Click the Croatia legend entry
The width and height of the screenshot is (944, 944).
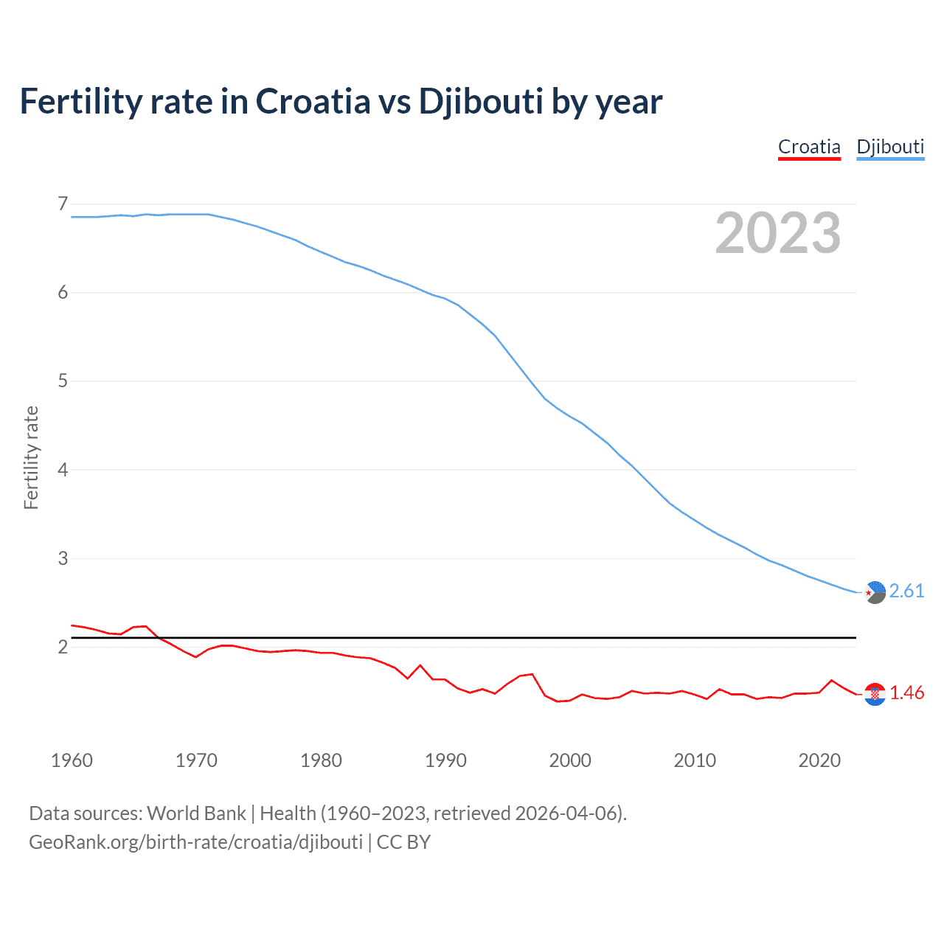tap(809, 147)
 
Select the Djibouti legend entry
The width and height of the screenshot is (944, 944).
tap(890, 147)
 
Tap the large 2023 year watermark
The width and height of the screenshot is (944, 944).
tap(778, 233)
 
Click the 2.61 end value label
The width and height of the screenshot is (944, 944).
tap(906, 591)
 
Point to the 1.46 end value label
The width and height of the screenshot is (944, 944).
tap(906, 693)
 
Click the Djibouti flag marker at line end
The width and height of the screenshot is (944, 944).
tap(875, 592)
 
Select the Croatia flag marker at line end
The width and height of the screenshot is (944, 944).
tap(875, 694)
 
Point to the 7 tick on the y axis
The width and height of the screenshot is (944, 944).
tap(63, 204)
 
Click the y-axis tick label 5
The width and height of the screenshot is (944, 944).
tap(63, 381)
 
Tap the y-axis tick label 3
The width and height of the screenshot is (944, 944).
tap(63, 558)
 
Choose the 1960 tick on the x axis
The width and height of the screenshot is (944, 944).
tap(72, 760)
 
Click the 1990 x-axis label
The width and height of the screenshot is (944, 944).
tap(445, 760)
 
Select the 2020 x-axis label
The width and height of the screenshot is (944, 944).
tap(819, 760)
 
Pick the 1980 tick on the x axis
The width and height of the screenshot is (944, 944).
tap(321, 760)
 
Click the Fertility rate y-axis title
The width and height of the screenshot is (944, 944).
tap(31, 457)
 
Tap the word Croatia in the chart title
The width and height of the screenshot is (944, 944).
tap(313, 102)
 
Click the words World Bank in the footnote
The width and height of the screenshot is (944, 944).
tap(196, 813)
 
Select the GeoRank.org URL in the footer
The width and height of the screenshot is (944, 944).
tap(195, 842)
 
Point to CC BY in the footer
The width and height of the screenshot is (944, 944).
tap(403, 842)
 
